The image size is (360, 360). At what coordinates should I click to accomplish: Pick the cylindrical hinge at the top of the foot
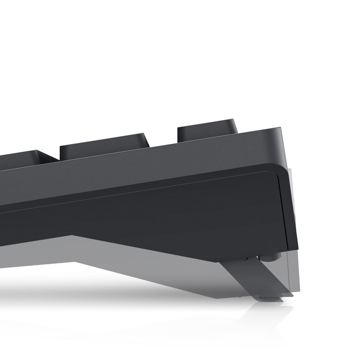pyautogui.click(x=273, y=256)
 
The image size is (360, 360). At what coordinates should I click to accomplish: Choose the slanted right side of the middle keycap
pyautogui.click(x=146, y=140)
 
